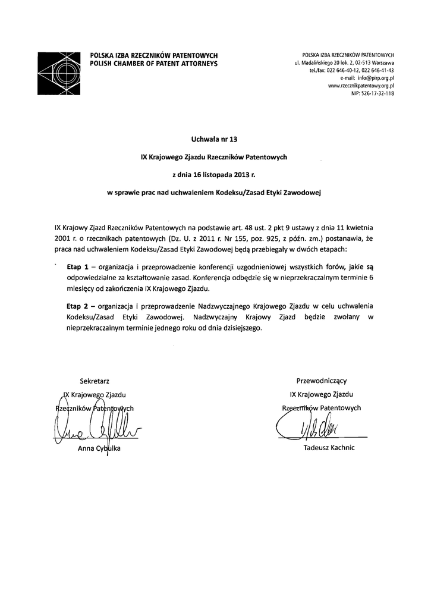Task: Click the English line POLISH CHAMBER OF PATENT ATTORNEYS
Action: [x=153, y=63]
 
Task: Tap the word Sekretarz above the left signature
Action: [x=95, y=380]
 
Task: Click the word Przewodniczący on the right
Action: [x=325, y=380]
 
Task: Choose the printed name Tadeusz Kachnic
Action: [x=329, y=448]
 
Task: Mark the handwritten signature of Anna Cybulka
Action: [x=95, y=427]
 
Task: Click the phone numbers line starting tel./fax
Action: [x=351, y=70]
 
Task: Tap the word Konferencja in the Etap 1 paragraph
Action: [x=212, y=278]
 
